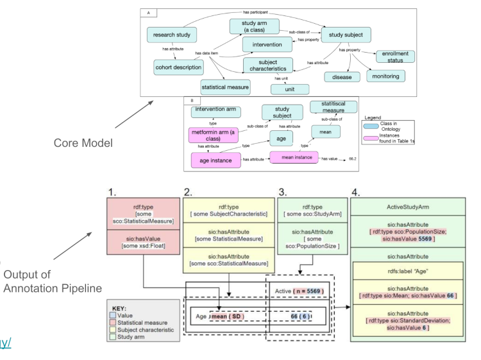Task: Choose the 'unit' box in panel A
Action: click(x=289, y=89)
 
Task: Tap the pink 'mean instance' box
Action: click(x=294, y=157)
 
